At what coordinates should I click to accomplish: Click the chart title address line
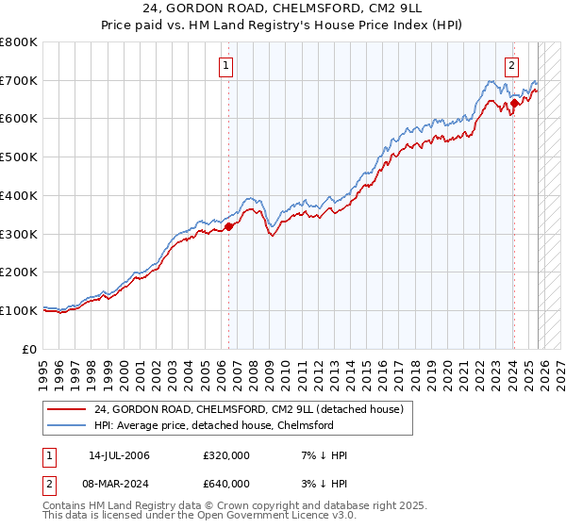pos(282,9)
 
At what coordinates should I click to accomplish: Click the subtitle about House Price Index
pos(282,25)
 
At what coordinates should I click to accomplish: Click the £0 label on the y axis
pos(30,349)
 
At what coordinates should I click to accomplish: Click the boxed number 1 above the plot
pos(227,66)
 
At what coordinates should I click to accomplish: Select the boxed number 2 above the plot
pos(511,66)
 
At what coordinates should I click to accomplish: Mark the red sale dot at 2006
pos(229,226)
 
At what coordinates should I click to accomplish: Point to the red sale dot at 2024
pos(514,104)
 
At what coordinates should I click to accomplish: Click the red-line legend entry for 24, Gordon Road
pos(249,409)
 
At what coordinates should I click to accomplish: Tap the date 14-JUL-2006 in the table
pos(119,455)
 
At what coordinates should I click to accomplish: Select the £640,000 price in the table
pos(226,485)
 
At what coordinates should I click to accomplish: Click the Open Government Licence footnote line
pos(201,518)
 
